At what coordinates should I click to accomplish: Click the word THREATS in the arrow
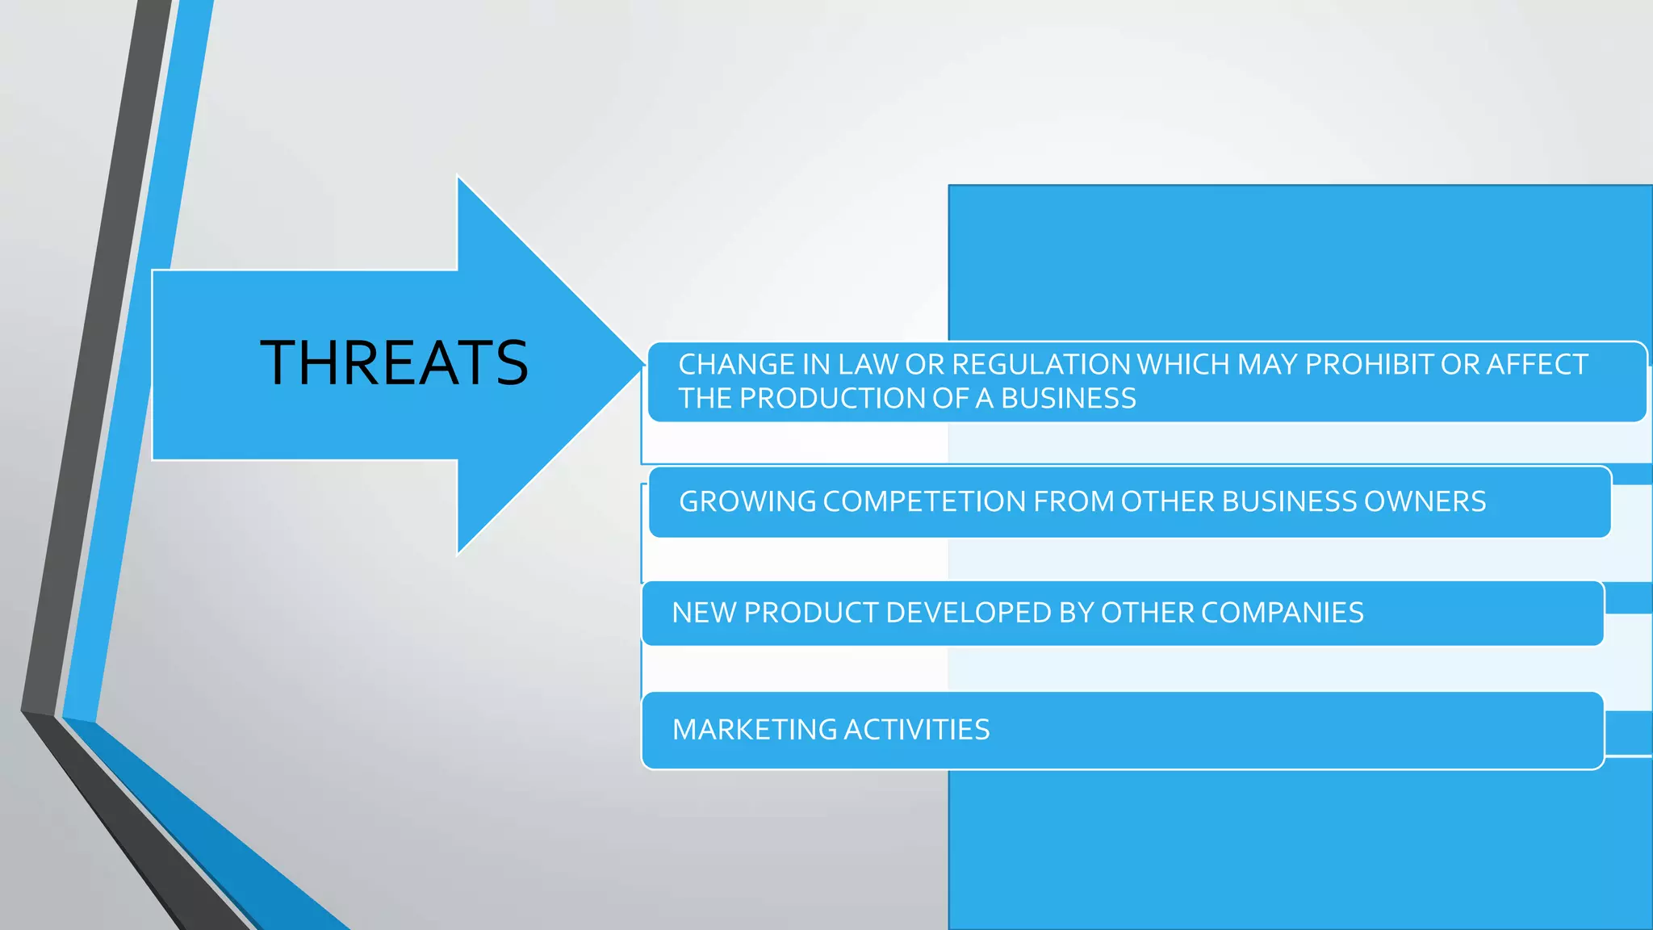394,362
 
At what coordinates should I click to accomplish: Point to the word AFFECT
1537,365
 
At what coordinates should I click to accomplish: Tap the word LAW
868,365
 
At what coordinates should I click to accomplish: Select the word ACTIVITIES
917,731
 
